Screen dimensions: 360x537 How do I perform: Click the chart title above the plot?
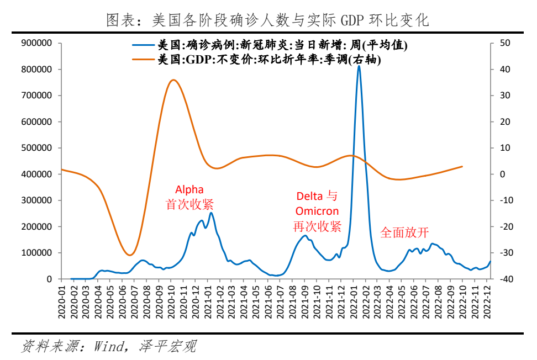point(267,20)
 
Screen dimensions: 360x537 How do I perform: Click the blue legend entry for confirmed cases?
point(284,45)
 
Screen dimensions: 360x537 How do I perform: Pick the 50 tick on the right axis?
point(504,43)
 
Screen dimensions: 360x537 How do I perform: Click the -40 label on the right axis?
point(504,279)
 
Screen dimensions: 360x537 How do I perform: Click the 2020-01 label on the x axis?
point(62,298)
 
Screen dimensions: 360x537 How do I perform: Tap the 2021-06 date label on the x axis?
point(268,298)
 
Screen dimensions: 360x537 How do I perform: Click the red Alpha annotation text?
point(189,188)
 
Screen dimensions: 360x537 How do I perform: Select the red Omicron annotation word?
point(317,211)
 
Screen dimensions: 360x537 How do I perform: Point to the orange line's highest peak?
point(173,80)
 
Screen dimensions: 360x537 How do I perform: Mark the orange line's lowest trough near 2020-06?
point(130,255)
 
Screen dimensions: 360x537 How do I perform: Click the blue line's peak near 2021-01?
point(211,213)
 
